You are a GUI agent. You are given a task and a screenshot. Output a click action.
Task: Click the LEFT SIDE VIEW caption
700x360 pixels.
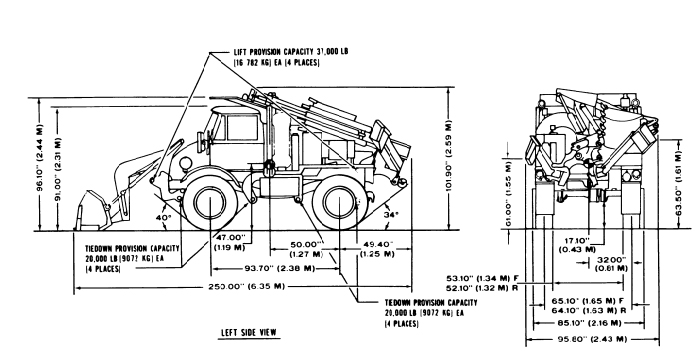coord(247,332)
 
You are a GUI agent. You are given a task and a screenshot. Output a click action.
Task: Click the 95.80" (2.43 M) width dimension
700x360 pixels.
coord(597,338)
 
